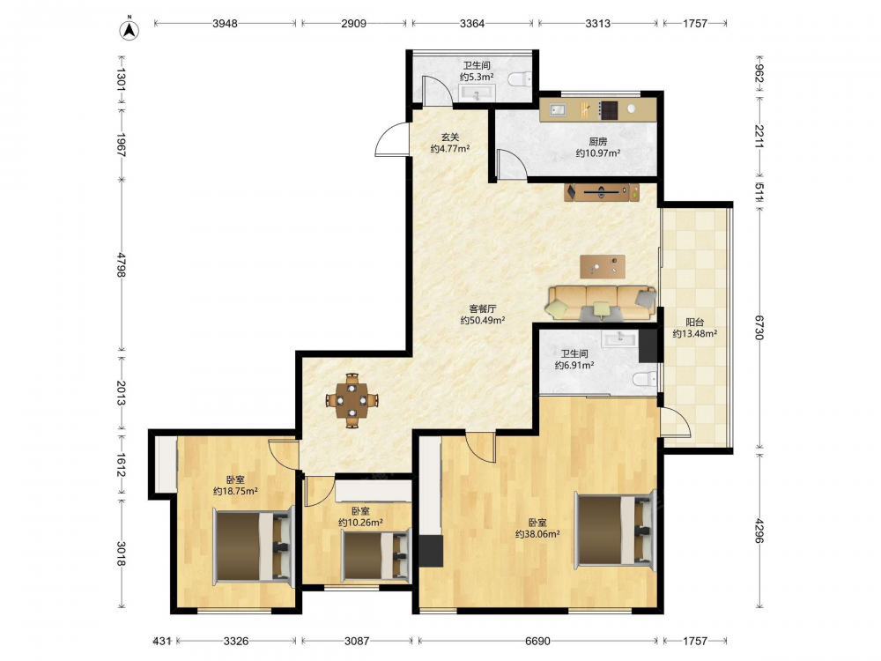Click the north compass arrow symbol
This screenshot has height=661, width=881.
click(x=130, y=29)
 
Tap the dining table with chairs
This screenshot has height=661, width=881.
click(x=352, y=400)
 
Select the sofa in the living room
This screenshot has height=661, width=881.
click(x=601, y=303)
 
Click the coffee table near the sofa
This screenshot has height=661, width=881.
click(x=603, y=266)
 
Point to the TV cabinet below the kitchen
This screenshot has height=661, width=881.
click(x=602, y=192)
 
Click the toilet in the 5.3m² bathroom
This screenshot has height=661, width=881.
click(x=519, y=79)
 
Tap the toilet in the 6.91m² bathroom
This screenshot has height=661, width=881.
click(x=645, y=380)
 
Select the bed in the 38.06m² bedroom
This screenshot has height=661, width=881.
click(x=615, y=530)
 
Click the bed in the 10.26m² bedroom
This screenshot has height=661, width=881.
click(x=375, y=556)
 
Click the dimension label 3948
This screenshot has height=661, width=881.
click(x=225, y=24)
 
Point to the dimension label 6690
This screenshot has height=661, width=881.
click(x=537, y=641)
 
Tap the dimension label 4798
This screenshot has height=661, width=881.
click(x=122, y=264)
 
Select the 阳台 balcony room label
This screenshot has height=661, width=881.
click(x=694, y=322)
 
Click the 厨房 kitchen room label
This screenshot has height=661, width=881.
click(x=598, y=142)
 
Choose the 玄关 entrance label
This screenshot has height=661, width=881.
click(x=449, y=137)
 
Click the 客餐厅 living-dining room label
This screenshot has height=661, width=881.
click(x=483, y=308)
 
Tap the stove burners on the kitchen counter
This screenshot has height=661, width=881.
click(x=608, y=110)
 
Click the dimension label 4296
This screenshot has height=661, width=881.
click(x=759, y=531)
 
